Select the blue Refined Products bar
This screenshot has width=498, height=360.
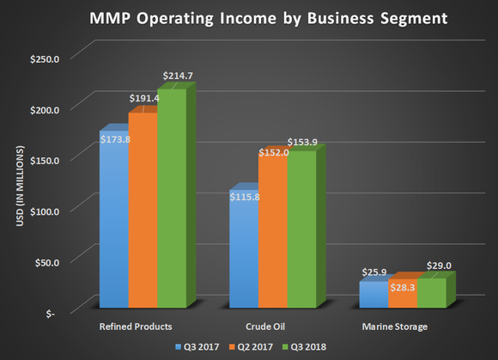(113, 232)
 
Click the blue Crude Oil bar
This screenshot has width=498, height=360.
(243, 253)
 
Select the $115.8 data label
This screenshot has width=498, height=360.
(245, 197)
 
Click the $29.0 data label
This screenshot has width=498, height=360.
(440, 267)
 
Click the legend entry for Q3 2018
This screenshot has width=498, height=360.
(316, 346)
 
